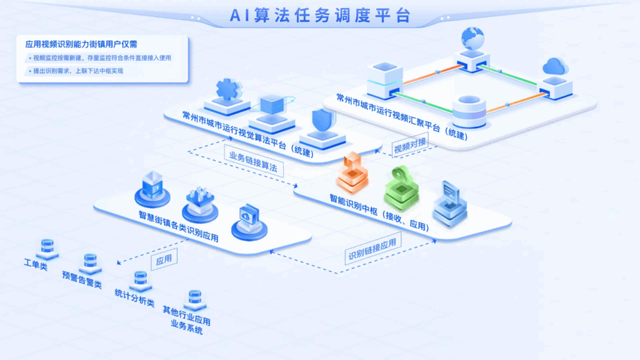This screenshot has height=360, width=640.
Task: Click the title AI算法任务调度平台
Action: [x=320, y=16]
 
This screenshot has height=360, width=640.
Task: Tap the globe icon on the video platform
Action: [x=472, y=38]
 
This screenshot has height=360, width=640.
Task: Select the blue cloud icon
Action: [x=555, y=66]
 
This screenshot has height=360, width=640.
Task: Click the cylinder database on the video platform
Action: [x=469, y=111]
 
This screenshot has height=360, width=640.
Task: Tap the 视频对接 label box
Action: [x=410, y=145]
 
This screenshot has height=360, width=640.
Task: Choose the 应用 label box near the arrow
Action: [x=164, y=259]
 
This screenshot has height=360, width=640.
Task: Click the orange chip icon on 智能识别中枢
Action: [x=352, y=172]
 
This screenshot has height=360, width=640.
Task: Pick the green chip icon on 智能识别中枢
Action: [x=402, y=189]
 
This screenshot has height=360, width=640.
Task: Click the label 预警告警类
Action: [x=82, y=279]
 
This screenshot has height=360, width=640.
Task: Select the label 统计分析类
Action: [x=135, y=298]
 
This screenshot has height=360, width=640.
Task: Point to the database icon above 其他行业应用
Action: [x=195, y=300]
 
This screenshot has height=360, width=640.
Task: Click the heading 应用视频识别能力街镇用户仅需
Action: [x=81, y=44]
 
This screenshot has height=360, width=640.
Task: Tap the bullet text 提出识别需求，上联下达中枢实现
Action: [x=78, y=71]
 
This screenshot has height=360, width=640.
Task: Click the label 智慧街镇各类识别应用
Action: [x=179, y=226]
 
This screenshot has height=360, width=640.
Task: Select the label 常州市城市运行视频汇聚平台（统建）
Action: [x=402, y=116]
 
